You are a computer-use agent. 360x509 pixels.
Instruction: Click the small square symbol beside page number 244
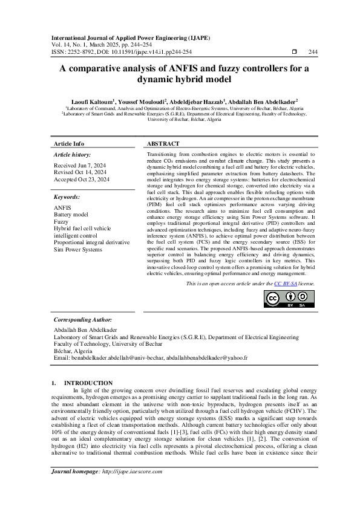coord(294,52)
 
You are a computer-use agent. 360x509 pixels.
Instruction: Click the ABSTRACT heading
coord(163,144)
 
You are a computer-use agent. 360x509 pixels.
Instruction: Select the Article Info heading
coord(69,144)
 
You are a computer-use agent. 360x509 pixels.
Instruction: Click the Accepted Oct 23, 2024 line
coord(82,180)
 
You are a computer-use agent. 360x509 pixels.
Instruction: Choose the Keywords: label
coord(67,197)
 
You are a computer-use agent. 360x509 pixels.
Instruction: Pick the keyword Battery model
coord(71,215)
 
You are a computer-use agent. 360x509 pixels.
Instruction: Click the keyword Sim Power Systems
coord(78,249)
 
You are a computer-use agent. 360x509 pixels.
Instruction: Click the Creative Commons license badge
coord(289,299)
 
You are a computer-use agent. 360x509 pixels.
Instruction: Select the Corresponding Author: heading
coord(83,319)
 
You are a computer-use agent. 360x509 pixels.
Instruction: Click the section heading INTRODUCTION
coord(88,383)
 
